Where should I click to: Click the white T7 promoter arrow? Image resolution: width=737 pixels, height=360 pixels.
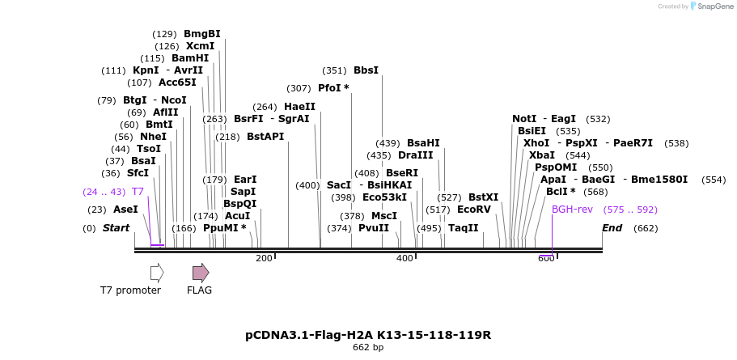tap(157, 273)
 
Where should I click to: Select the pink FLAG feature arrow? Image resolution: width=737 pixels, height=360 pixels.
tap(200, 273)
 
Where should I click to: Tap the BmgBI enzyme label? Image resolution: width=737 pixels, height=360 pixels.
tap(201, 34)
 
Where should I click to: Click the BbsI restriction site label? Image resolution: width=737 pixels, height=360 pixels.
tap(366, 70)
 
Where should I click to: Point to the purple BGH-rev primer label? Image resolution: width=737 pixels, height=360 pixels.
tap(572, 210)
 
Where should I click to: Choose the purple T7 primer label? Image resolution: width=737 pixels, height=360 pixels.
tap(138, 192)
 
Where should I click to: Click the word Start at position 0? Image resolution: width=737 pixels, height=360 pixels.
tap(116, 228)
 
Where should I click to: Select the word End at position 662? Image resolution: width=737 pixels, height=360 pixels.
tap(612, 228)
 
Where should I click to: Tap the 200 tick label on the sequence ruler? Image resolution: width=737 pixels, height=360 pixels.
tap(264, 258)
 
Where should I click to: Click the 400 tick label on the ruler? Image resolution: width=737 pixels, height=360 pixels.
tap(405, 258)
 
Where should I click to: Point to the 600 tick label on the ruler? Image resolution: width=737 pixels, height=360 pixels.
tap(546, 258)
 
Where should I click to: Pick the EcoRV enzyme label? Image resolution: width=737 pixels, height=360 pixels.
tap(473, 210)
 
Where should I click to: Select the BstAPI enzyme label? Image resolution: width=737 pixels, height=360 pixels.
tap(265, 137)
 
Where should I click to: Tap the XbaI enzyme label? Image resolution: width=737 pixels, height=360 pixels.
tap(541, 155)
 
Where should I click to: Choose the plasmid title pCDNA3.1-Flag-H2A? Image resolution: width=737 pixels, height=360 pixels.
tap(368, 335)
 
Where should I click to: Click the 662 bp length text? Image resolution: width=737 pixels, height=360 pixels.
tap(368, 348)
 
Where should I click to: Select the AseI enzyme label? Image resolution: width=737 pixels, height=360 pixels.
tap(125, 210)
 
